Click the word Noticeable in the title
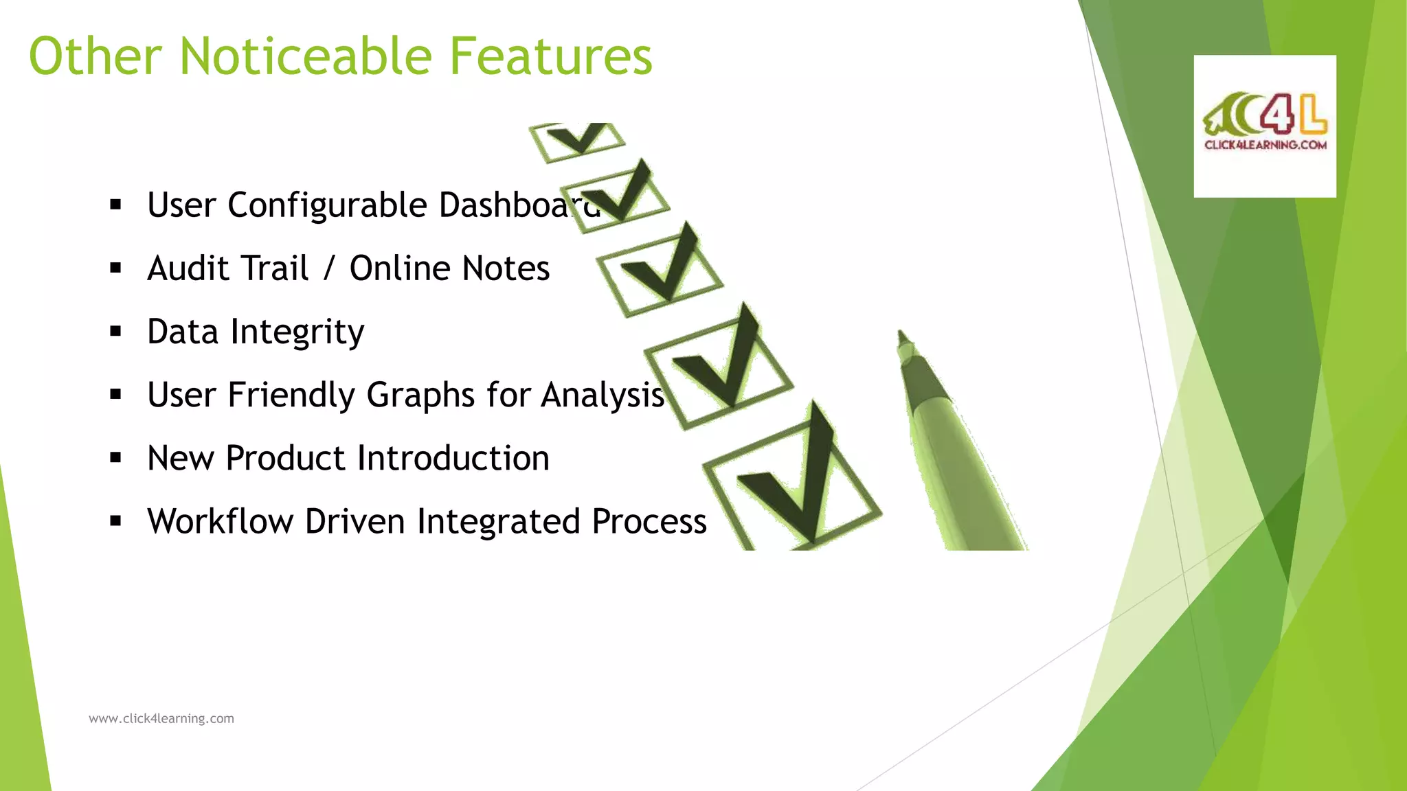pyautogui.click(x=305, y=56)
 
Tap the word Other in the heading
pyautogui.click(x=95, y=56)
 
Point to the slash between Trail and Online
pyautogui.click(x=328, y=268)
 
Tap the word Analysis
pyautogui.click(x=602, y=395)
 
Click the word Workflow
pyautogui.click(x=220, y=522)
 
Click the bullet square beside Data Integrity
pyautogui.click(x=115, y=332)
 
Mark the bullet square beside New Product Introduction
pyautogui.click(x=115, y=458)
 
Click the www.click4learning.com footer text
pyautogui.click(x=161, y=719)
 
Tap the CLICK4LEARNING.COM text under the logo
pyautogui.click(x=1265, y=145)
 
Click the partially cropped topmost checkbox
pyautogui.click(x=577, y=139)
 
